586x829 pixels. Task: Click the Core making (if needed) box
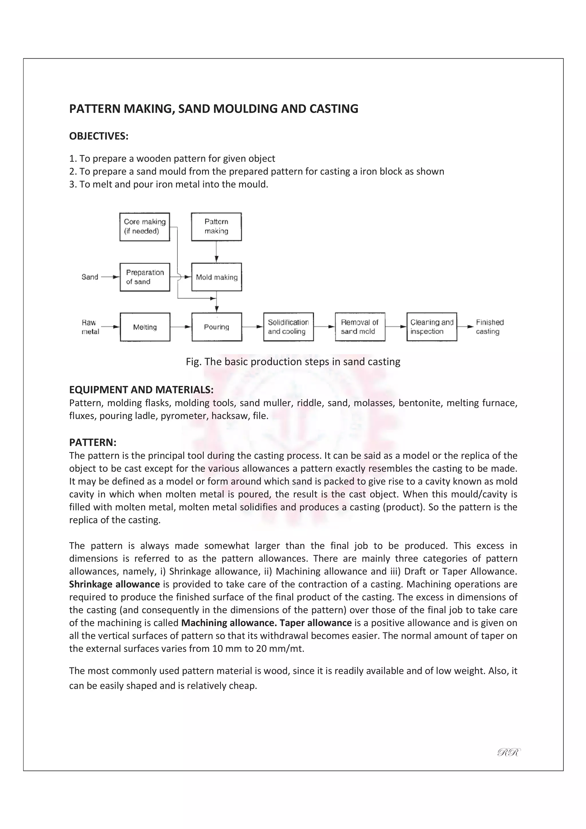pyautogui.click(x=144, y=227)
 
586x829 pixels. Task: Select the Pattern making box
pyautogui.click(x=216, y=227)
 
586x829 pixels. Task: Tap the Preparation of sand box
pyautogui.click(x=145, y=277)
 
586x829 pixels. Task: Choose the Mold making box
pyautogui.click(x=217, y=277)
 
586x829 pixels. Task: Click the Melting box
pyautogui.click(x=145, y=327)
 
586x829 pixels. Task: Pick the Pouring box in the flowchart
pyautogui.click(x=217, y=327)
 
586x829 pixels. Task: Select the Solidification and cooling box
pyautogui.click(x=288, y=327)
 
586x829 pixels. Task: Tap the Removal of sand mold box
pyautogui.click(x=360, y=327)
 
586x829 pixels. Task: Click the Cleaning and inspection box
pyautogui.click(x=431, y=327)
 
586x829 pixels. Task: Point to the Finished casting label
pyautogui.click(x=489, y=327)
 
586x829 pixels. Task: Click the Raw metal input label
pyautogui.click(x=90, y=327)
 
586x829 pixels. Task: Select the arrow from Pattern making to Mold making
pyautogui.click(x=216, y=252)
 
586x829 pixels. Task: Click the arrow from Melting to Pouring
pyautogui.click(x=181, y=327)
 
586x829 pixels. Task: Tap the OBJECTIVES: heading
pyautogui.click(x=98, y=136)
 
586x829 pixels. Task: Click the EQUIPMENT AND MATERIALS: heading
pyautogui.click(x=141, y=390)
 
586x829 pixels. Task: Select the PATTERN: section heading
pyautogui.click(x=92, y=442)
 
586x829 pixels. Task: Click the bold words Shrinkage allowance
pyautogui.click(x=114, y=584)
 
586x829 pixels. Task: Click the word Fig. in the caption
pyautogui.click(x=193, y=362)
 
